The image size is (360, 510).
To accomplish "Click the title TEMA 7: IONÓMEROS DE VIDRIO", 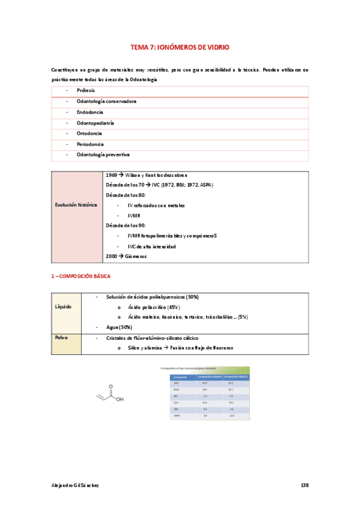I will [x=180, y=46].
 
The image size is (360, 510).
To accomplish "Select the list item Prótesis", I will [x=86, y=90].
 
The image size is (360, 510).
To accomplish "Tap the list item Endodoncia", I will [x=90, y=112].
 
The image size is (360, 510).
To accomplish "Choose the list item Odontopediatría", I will [x=95, y=123].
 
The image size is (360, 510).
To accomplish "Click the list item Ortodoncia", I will [x=89, y=134].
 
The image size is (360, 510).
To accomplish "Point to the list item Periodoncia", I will [x=90, y=144].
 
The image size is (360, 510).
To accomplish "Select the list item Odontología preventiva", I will [x=103, y=155].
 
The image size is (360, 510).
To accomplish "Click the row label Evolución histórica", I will [x=76, y=204].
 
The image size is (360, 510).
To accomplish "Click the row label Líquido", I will [x=63, y=307].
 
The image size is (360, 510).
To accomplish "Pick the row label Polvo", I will [x=61, y=337].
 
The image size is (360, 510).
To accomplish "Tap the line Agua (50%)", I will [x=118, y=327].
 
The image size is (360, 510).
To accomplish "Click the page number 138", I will [x=304, y=485].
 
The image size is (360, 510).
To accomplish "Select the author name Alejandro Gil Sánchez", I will [x=75, y=485].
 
